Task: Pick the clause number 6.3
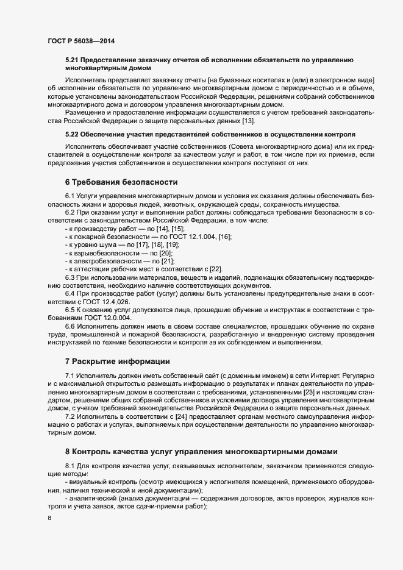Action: point(71,277)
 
